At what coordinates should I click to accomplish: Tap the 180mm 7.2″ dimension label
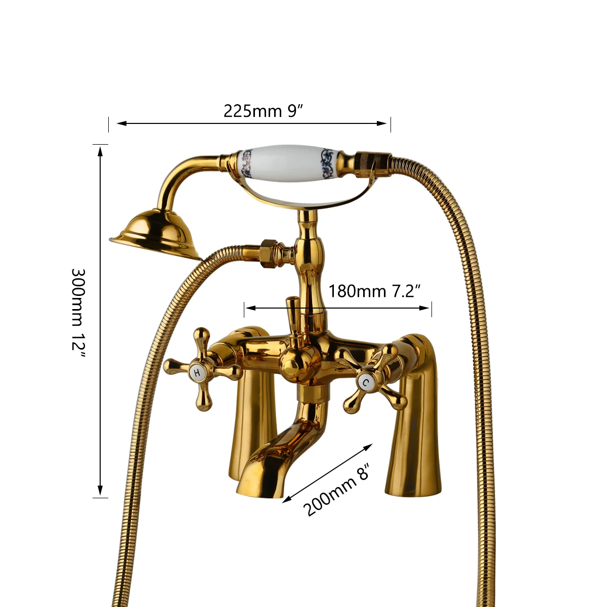pos(375,291)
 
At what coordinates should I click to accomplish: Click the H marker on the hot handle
pos(197,373)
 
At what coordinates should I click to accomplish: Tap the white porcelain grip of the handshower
pos(286,161)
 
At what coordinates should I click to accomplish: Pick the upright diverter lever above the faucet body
pos(292,314)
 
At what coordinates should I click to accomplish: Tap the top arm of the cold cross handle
pos(393,352)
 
